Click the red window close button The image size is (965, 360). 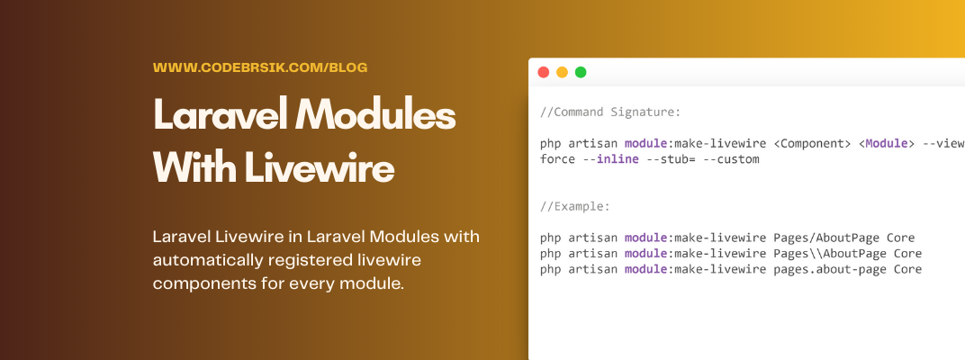tap(544, 72)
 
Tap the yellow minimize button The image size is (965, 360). tap(562, 72)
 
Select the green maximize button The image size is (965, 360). tap(581, 72)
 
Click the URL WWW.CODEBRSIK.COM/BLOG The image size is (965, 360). tap(260, 67)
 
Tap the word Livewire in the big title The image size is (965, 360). tap(320, 166)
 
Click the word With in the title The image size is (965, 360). tap(194, 166)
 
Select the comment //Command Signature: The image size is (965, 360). tap(610, 112)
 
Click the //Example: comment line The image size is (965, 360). tap(575, 206)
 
